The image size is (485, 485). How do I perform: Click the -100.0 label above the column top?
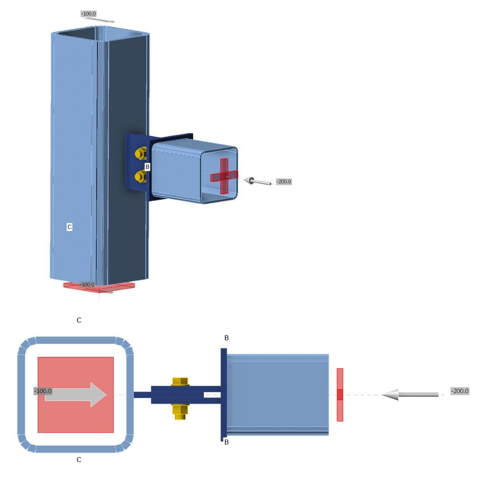pos(88,14)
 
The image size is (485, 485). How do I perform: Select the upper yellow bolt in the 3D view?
pos(140,154)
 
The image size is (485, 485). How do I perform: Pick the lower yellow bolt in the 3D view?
pos(140,176)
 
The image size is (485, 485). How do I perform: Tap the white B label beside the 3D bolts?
pos(147,167)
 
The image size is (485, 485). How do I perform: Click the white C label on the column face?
pos(69,227)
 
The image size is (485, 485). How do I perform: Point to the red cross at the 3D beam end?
pos(224,176)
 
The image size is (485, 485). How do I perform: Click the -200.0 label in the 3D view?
pos(284,181)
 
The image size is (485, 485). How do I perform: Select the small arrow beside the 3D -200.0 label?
pos(257,181)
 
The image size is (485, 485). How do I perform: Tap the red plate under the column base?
pos(99,287)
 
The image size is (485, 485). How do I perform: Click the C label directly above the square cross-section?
pos(79,320)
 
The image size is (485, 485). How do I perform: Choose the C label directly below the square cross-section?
pos(79,460)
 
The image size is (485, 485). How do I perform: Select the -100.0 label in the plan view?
pos(43,391)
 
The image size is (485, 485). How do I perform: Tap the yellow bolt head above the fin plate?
pos(180,381)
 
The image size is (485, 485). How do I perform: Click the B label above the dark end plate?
pos(226,338)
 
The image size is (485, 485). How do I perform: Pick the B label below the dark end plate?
pos(226,442)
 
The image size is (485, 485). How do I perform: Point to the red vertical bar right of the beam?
pos(340,395)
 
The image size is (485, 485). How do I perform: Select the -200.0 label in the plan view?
pos(460,391)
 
